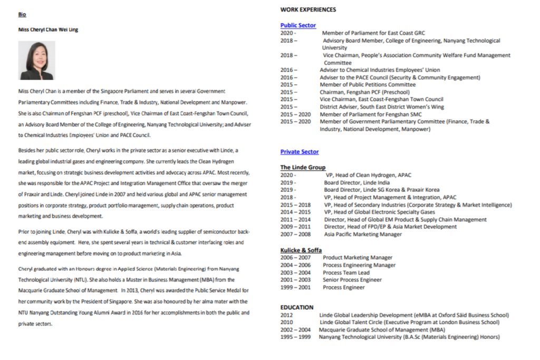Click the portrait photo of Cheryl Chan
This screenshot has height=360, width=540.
point(36,60)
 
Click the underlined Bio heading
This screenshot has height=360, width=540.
point(22,14)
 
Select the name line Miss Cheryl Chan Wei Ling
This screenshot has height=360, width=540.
point(48,30)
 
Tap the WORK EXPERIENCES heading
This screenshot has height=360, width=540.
point(308,9)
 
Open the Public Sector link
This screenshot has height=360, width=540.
point(298,25)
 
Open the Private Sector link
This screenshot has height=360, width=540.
point(300,152)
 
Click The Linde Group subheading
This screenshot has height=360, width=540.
point(303,168)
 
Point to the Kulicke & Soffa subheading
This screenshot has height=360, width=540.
point(301,250)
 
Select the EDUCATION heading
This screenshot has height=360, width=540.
point(297,307)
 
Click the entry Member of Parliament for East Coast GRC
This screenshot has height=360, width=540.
point(373,33)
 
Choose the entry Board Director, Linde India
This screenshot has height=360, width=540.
point(357,182)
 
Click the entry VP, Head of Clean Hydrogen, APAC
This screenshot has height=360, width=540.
point(368,175)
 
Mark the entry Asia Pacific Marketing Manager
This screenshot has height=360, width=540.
point(363,235)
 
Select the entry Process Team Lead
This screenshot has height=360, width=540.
point(346,273)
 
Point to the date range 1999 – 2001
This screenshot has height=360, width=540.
point(295,287)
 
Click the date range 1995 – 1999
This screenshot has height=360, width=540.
point(295,337)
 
